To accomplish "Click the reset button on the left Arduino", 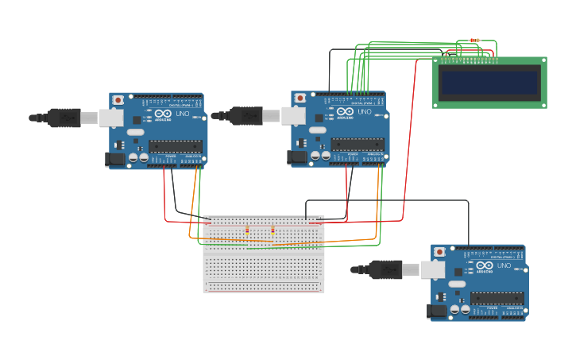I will (x=118, y=100).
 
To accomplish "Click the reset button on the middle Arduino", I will (x=300, y=98).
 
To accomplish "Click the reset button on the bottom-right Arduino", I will (x=440, y=252).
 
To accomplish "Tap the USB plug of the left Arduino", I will (x=65, y=118).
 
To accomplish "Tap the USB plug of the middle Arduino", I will (x=247, y=116).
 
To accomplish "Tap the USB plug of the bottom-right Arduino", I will (x=387, y=270).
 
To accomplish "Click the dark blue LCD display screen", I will (x=489, y=82).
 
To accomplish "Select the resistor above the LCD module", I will (x=475, y=40).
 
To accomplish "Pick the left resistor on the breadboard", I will (x=247, y=230).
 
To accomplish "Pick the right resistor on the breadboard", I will (x=273, y=230).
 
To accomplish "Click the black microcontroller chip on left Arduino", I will (x=176, y=146).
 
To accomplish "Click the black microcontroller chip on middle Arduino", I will (x=358, y=145).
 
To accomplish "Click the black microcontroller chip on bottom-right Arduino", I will (x=497, y=298).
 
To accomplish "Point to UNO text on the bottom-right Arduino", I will (x=504, y=266).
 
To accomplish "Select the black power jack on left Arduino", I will (x=115, y=159).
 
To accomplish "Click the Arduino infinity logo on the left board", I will (x=164, y=114).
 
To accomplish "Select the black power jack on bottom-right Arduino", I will (x=437, y=311).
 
